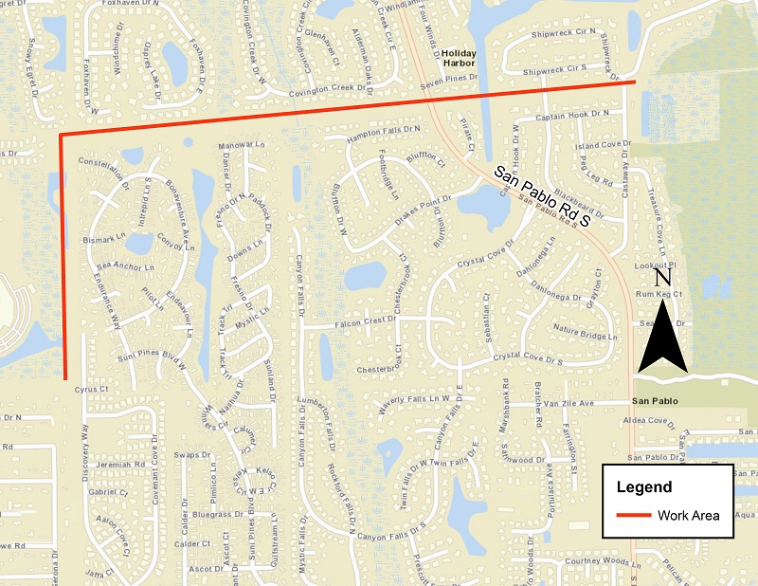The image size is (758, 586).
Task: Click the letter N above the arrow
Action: tap(664, 278)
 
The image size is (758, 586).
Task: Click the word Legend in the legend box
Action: tap(644, 487)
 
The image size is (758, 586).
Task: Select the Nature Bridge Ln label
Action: tap(585, 333)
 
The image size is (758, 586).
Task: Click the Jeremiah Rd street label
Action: tap(119, 465)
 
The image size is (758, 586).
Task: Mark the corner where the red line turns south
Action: tap(62, 136)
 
